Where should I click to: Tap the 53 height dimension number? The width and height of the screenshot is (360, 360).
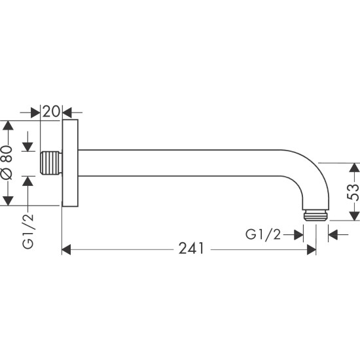pyautogui.click(x=353, y=192)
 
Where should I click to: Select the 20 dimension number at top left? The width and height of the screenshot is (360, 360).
pyautogui.click(x=52, y=111)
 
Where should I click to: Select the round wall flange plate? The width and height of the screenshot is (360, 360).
pyautogui.click(x=71, y=163)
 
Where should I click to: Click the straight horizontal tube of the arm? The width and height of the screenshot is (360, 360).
pyautogui.click(x=183, y=163)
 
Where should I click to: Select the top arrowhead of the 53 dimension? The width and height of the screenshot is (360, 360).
pyautogui.click(x=353, y=168)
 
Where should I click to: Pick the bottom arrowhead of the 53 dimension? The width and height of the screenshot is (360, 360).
pyautogui.click(x=353, y=217)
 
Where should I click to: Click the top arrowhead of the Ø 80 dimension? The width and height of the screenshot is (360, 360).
pyautogui.click(x=7, y=126)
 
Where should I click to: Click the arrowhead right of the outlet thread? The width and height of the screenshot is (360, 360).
pyautogui.click(x=333, y=234)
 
